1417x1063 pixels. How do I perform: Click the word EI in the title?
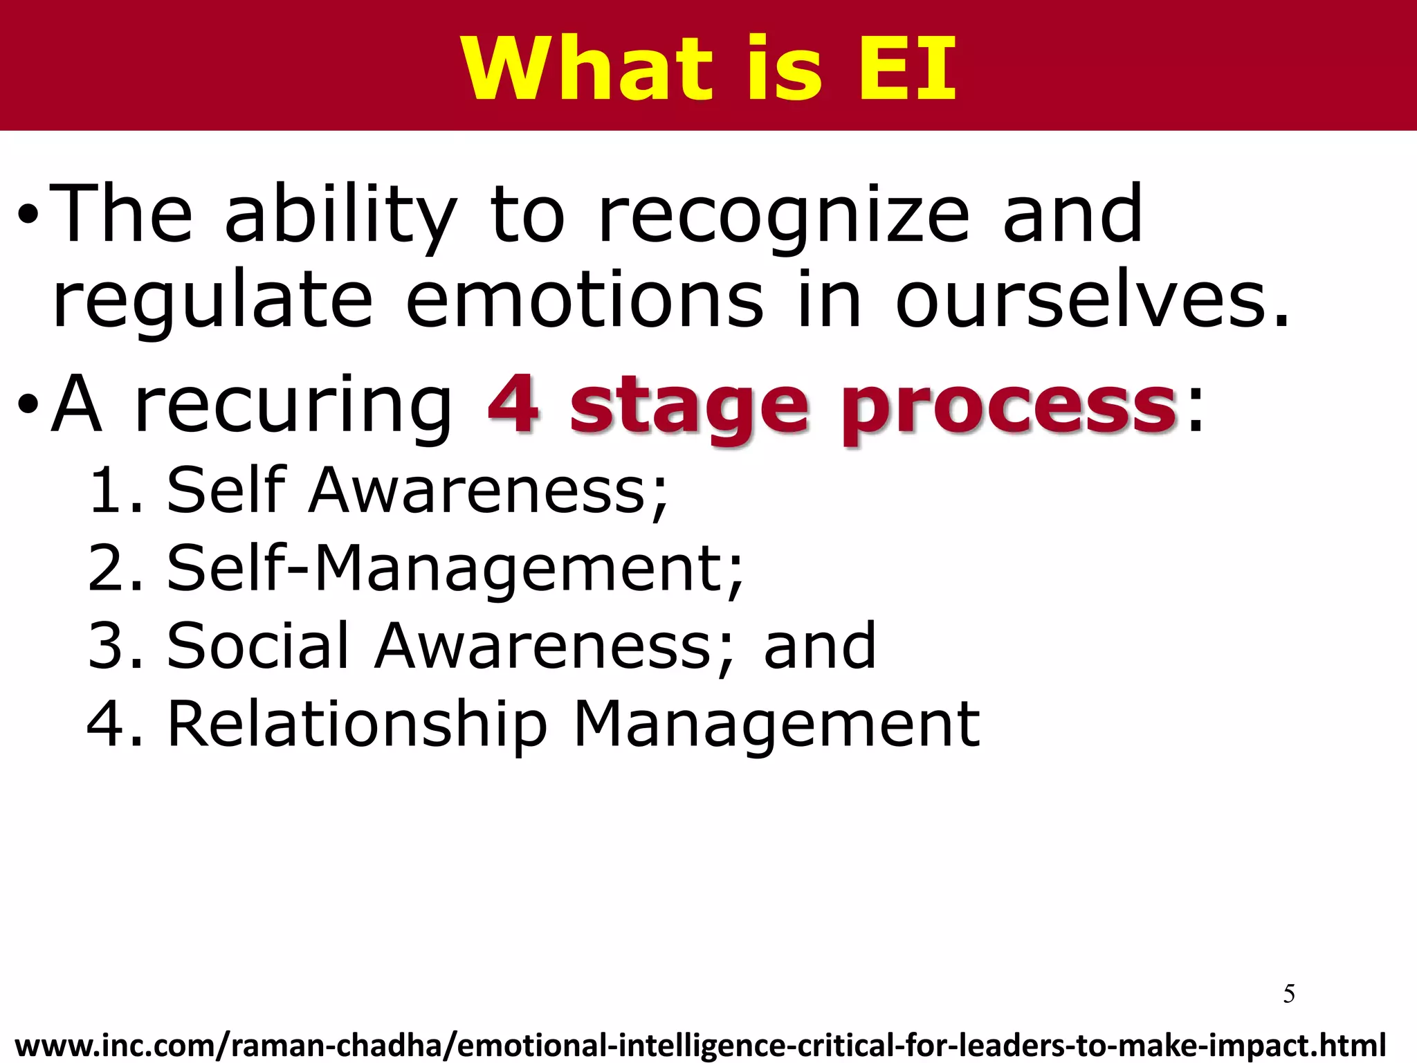(x=908, y=68)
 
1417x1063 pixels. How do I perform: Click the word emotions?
(x=585, y=301)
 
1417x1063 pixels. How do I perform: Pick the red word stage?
(x=688, y=408)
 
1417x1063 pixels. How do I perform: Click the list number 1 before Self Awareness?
(x=108, y=491)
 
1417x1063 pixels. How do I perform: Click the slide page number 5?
(x=1288, y=994)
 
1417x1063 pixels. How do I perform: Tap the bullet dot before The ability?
(x=28, y=216)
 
